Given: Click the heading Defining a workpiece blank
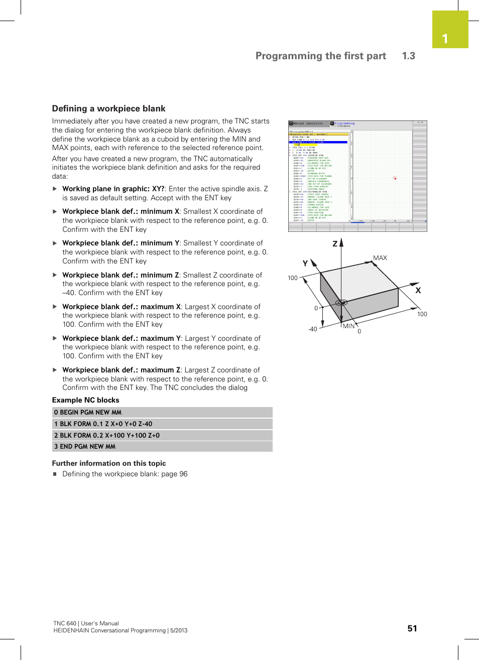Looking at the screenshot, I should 108,108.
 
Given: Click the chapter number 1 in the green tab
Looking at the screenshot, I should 445,39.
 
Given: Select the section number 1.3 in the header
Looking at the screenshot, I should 408,56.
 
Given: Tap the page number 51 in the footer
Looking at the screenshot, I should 412,628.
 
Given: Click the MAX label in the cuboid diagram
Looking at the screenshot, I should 380,257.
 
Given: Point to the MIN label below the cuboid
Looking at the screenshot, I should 348,326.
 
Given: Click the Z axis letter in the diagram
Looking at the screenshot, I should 335,244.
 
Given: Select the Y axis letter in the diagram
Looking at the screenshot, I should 305,263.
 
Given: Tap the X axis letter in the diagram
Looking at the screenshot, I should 418,290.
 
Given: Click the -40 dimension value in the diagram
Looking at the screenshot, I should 312,329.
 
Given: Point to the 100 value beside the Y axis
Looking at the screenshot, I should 293,278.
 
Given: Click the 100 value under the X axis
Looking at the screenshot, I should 422,314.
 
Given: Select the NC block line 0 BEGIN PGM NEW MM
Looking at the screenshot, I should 162,413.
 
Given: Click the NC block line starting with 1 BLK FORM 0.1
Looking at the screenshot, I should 162,424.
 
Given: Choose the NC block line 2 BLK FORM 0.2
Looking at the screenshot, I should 162,435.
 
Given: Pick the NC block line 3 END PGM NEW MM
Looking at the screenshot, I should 162,446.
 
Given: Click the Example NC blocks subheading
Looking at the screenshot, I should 85,400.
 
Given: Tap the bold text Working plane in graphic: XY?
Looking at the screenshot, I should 113,189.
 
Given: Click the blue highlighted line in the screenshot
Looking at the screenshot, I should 318,143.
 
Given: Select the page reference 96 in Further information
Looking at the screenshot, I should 183,474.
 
